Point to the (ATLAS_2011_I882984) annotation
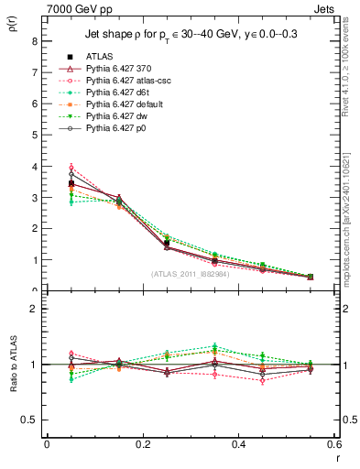click(x=190, y=274)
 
